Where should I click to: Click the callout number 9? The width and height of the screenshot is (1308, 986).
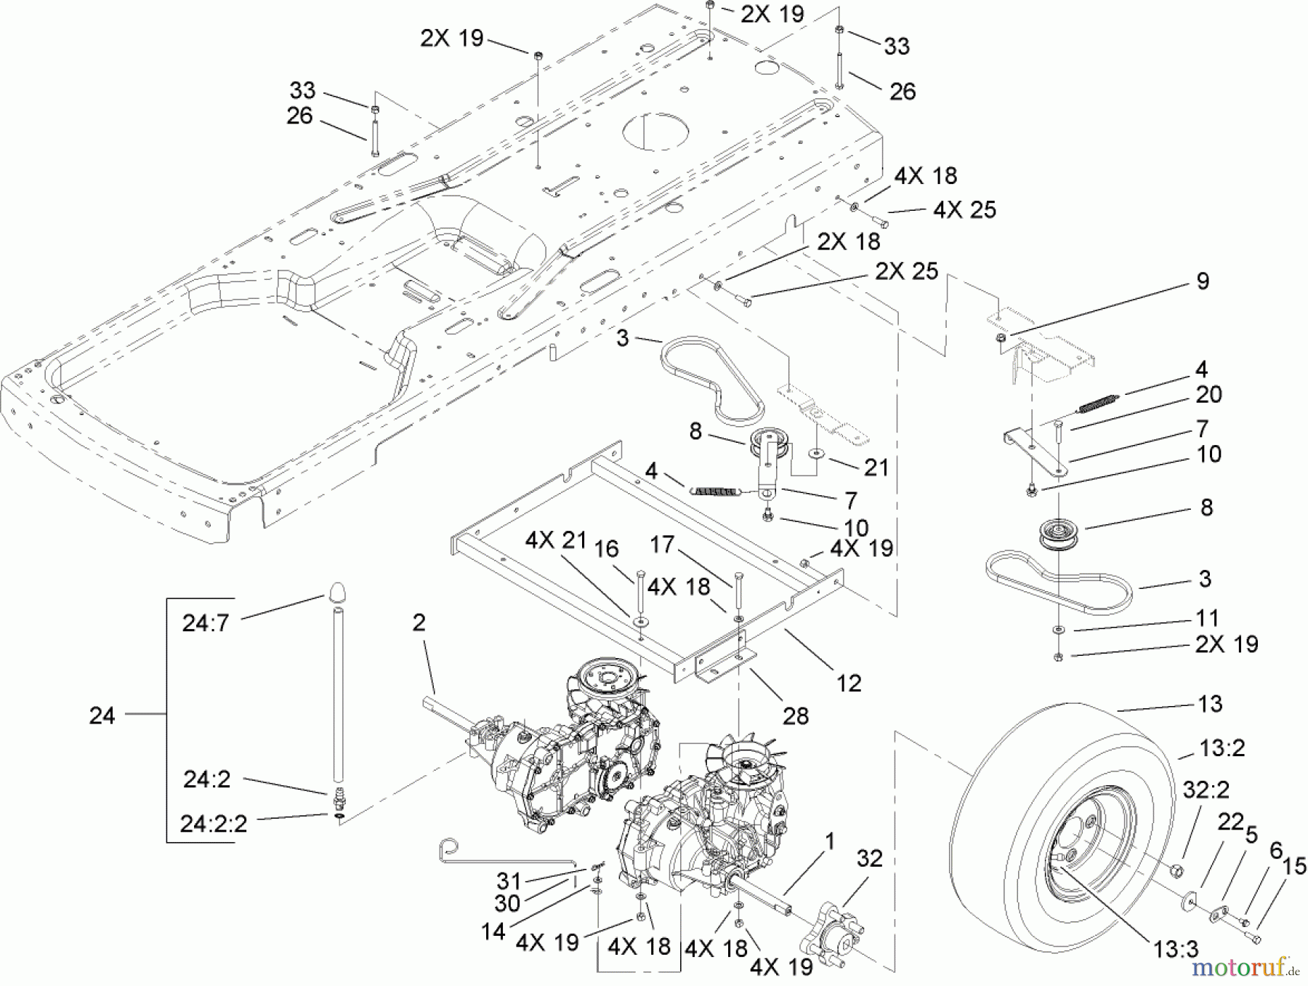pos(1203,281)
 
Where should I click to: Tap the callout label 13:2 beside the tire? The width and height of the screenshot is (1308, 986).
pos(1222,748)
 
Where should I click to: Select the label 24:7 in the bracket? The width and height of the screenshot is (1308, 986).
pos(206,623)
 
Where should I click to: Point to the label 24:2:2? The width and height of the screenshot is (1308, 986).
pos(214,824)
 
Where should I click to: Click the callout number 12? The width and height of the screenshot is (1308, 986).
pos(849,683)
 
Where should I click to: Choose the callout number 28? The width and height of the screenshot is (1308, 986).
pos(796,716)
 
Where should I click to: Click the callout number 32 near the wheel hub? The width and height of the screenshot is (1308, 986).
pos(869,858)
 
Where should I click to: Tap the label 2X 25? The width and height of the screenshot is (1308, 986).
pos(906,271)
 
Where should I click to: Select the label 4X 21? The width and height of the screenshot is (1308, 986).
pos(556,540)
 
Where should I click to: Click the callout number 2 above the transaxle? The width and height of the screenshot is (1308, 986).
pos(419,622)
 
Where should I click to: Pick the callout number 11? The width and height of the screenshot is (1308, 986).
pos(1207,618)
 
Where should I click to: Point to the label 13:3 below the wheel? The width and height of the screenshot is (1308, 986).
pos(1176,948)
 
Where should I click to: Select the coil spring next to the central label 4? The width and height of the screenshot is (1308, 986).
pos(715,492)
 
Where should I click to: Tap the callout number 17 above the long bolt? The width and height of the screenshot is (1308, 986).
pos(663,545)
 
